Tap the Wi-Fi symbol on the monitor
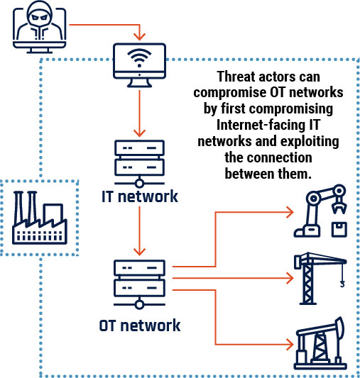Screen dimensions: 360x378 139,57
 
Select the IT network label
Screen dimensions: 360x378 140,196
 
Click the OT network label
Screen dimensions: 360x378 140,326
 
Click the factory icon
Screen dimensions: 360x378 40,218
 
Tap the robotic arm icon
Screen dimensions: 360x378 320,211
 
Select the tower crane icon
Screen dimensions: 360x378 320,279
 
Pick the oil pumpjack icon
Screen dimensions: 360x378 320,343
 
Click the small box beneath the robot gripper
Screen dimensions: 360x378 339,230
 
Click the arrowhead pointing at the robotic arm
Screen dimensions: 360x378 290,212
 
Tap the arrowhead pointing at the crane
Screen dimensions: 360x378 290,278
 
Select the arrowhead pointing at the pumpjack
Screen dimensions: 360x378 290,344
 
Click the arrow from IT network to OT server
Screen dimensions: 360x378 139,231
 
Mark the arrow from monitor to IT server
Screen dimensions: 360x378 139,113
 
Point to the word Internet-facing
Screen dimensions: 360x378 261,125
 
